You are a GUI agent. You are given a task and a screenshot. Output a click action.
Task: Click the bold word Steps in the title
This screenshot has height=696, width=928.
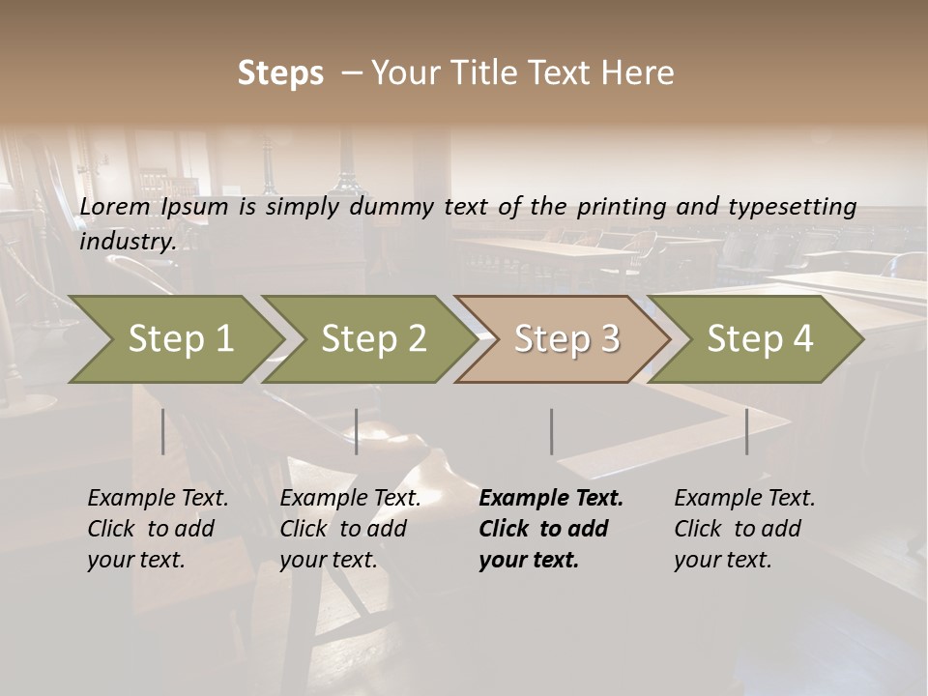tap(280, 73)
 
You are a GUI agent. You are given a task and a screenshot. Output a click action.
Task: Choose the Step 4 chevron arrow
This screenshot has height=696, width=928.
tap(758, 339)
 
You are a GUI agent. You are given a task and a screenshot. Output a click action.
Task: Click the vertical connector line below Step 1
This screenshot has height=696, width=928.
tap(162, 431)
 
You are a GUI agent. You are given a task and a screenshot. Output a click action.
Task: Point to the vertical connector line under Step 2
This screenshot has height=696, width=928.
tap(356, 431)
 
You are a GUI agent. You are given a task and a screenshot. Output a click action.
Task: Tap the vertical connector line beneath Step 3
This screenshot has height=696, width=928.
tap(551, 431)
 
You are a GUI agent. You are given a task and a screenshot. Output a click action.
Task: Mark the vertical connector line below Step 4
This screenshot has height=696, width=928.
tap(746, 431)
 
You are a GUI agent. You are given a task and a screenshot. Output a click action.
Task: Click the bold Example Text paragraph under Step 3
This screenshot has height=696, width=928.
tap(550, 529)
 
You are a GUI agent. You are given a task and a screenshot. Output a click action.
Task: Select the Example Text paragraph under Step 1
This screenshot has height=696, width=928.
tap(158, 529)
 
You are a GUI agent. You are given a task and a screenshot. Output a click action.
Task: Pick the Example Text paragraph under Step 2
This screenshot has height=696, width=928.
tap(350, 529)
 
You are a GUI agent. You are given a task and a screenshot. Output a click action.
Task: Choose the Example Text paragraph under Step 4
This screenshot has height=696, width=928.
tap(744, 529)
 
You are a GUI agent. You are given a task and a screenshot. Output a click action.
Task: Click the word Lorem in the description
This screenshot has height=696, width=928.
tap(115, 207)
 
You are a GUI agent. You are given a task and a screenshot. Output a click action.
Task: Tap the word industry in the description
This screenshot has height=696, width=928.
tap(128, 242)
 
